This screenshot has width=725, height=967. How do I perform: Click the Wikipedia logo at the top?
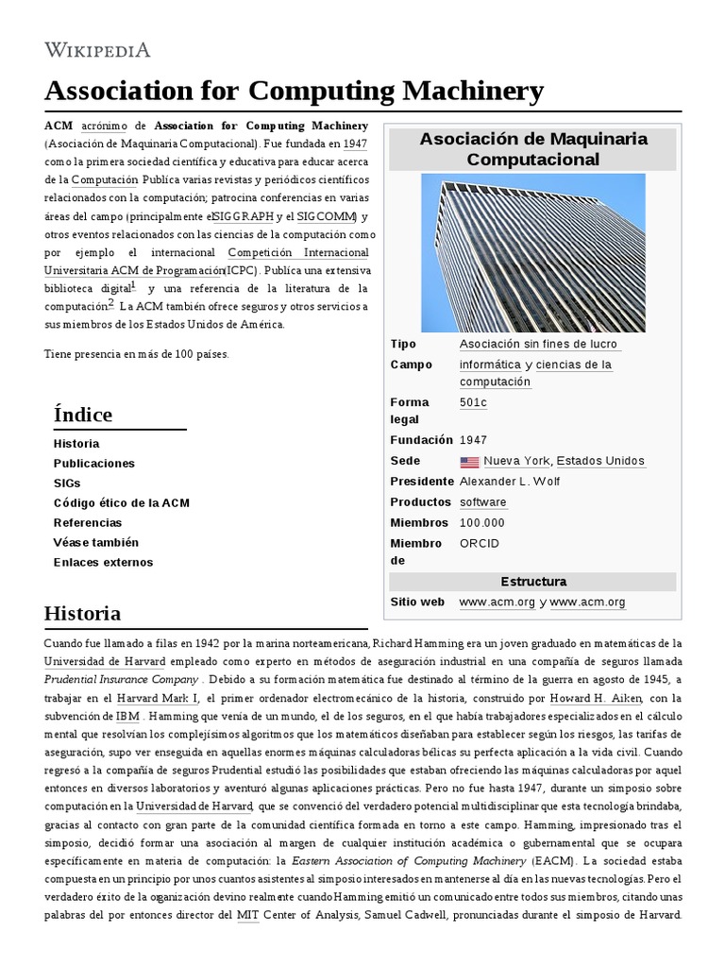click(x=97, y=49)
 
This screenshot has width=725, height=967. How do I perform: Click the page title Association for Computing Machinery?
click(x=294, y=91)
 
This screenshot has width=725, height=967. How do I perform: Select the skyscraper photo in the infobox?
click(x=532, y=253)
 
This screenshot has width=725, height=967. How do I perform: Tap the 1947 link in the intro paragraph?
click(x=355, y=144)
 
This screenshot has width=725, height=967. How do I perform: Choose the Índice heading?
click(x=83, y=415)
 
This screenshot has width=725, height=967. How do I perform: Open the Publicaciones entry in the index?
click(x=94, y=464)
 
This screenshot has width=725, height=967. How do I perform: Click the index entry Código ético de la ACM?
click(x=122, y=503)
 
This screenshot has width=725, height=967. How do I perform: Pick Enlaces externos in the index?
click(x=103, y=563)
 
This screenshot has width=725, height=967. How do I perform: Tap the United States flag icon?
click(x=469, y=462)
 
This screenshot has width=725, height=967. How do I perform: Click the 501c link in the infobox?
click(x=473, y=402)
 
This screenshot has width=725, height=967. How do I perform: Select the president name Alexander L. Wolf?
click(x=508, y=482)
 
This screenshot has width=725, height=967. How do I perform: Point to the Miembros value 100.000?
click(x=482, y=523)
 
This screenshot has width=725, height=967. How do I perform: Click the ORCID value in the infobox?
click(x=480, y=544)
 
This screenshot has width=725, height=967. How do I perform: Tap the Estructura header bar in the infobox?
click(x=532, y=582)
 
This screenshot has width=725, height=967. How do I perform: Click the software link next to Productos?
click(x=482, y=502)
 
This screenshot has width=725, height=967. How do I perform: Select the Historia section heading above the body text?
click(x=82, y=614)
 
